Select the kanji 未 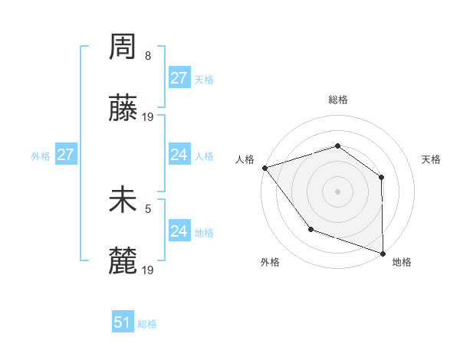[x=123, y=201]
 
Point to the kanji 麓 [x=123, y=260]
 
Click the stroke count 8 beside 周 [x=148, y=57]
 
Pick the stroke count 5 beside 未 [x=148, y=208]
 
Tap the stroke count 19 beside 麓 [x=148, y=270]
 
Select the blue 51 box [x=123, y=322]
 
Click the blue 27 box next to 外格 [x=65, y=155]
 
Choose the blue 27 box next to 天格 [x=179, y=78]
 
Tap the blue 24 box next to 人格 [x=179, y=155]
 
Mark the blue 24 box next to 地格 [x=179, y=231]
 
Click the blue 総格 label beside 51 [x=147, y=324]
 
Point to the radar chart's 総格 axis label [x=337, y=100]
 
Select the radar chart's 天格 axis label [x=432, y=159]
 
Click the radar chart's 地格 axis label [x=402, y=262]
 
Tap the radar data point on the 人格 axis [x=264, y=167]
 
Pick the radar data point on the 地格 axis [x=383, y=253]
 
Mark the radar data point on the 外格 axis [x=310, y=228]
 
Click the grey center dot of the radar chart [x=337, y=191]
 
